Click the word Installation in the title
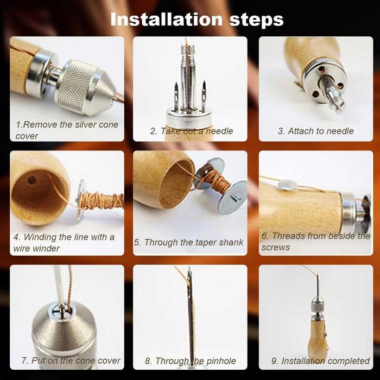click(x=166, y=19)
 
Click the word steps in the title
click(x=256, y=20)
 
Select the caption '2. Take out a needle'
click(x=192, y=131)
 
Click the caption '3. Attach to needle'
click(x=315, y=131)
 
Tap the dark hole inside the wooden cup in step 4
click(x=32, y=180)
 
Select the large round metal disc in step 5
click(x=233, y=197)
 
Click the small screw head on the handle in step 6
click(x=287, y=185)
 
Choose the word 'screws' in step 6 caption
click(x=276, y=248)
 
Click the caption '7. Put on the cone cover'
click(x=71, y=360)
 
